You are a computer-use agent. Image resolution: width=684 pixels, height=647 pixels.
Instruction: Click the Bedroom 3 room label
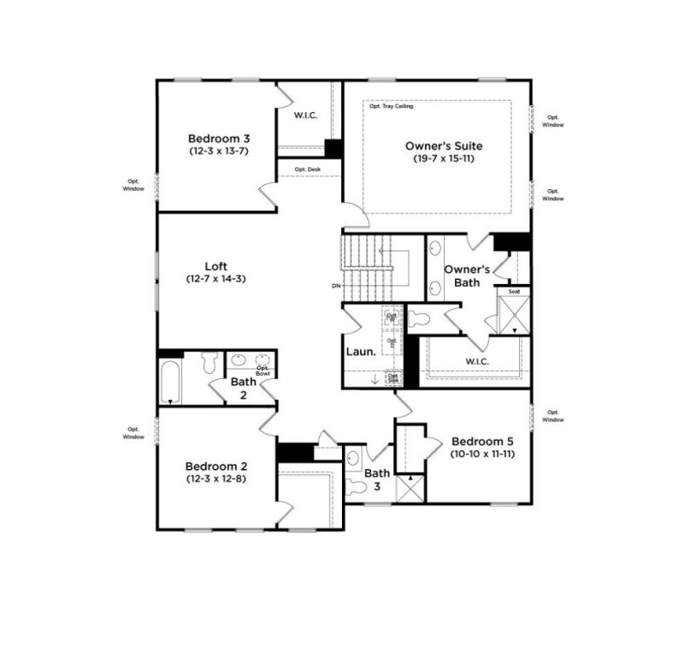[219, 138]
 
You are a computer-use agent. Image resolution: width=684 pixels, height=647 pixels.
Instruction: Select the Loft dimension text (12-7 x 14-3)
[215, 278]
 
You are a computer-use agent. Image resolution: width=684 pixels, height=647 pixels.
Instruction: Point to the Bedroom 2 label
[216, 466]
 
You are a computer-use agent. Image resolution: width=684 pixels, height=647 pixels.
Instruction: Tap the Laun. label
[358, 352]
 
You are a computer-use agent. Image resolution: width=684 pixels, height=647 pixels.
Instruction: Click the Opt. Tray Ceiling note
[390, 107]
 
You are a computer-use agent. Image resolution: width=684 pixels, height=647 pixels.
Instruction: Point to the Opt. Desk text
[308, 169]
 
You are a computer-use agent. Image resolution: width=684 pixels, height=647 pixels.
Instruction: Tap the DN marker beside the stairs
[337, 286]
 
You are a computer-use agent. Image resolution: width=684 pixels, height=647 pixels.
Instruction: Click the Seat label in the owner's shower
[515, 292]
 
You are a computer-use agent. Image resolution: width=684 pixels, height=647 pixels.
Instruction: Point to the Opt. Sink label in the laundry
[393, 377]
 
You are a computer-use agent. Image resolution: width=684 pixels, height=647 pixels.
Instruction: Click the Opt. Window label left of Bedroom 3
[134, 185]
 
